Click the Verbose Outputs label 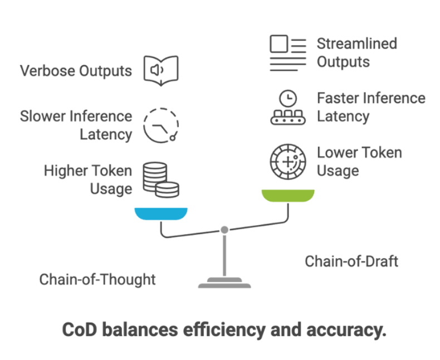coord(76,71)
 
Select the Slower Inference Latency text coord(76,125)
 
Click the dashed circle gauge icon coord(161,125)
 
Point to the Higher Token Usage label coord(88,179)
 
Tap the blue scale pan coord(161,213)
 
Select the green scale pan coord(288,195)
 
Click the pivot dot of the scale coord(224,230)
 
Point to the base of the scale coord(224,284)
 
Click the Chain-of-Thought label coord(97,279)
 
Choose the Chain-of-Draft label coord(351,261)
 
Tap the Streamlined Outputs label coord(357,52)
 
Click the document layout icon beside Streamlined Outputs coord(288,53)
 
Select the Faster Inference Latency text coord(371,107)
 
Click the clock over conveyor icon coord(288,108)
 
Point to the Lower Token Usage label coord(359,161)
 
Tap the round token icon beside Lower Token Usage coord(288,162)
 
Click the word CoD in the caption coord(80,329)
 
